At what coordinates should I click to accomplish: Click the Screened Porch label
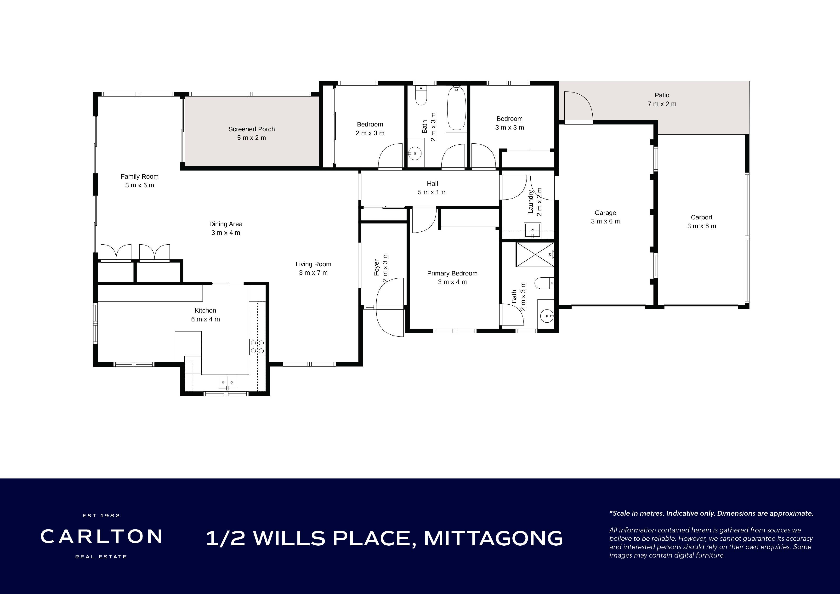pyautogui.click(x=251, y=129)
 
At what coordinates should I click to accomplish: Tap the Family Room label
pyautogui.click(x=139, y=177)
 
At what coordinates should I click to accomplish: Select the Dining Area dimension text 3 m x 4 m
pyautogui.click(x=226, y=233)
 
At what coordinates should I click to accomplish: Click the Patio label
pyautogui.click(x=662, y=95)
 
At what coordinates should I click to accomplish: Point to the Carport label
pyautogui.click(x=701, y=217)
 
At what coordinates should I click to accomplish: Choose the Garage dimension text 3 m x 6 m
pyautogui.click(x=606, y=221)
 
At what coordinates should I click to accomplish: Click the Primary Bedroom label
pyautogui.click(x=452, y=273)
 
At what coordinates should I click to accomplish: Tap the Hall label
pyautogui.click(x=432, y=183)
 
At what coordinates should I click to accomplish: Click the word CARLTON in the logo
pyautogui.click(x=101, y=537)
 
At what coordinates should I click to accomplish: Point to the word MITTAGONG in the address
pyautogui.click(x=493, y=538)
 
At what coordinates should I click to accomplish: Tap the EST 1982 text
pyautogui.click(x=101, y=516)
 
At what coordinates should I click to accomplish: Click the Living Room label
pyautogui.click(x=313, y=264)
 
